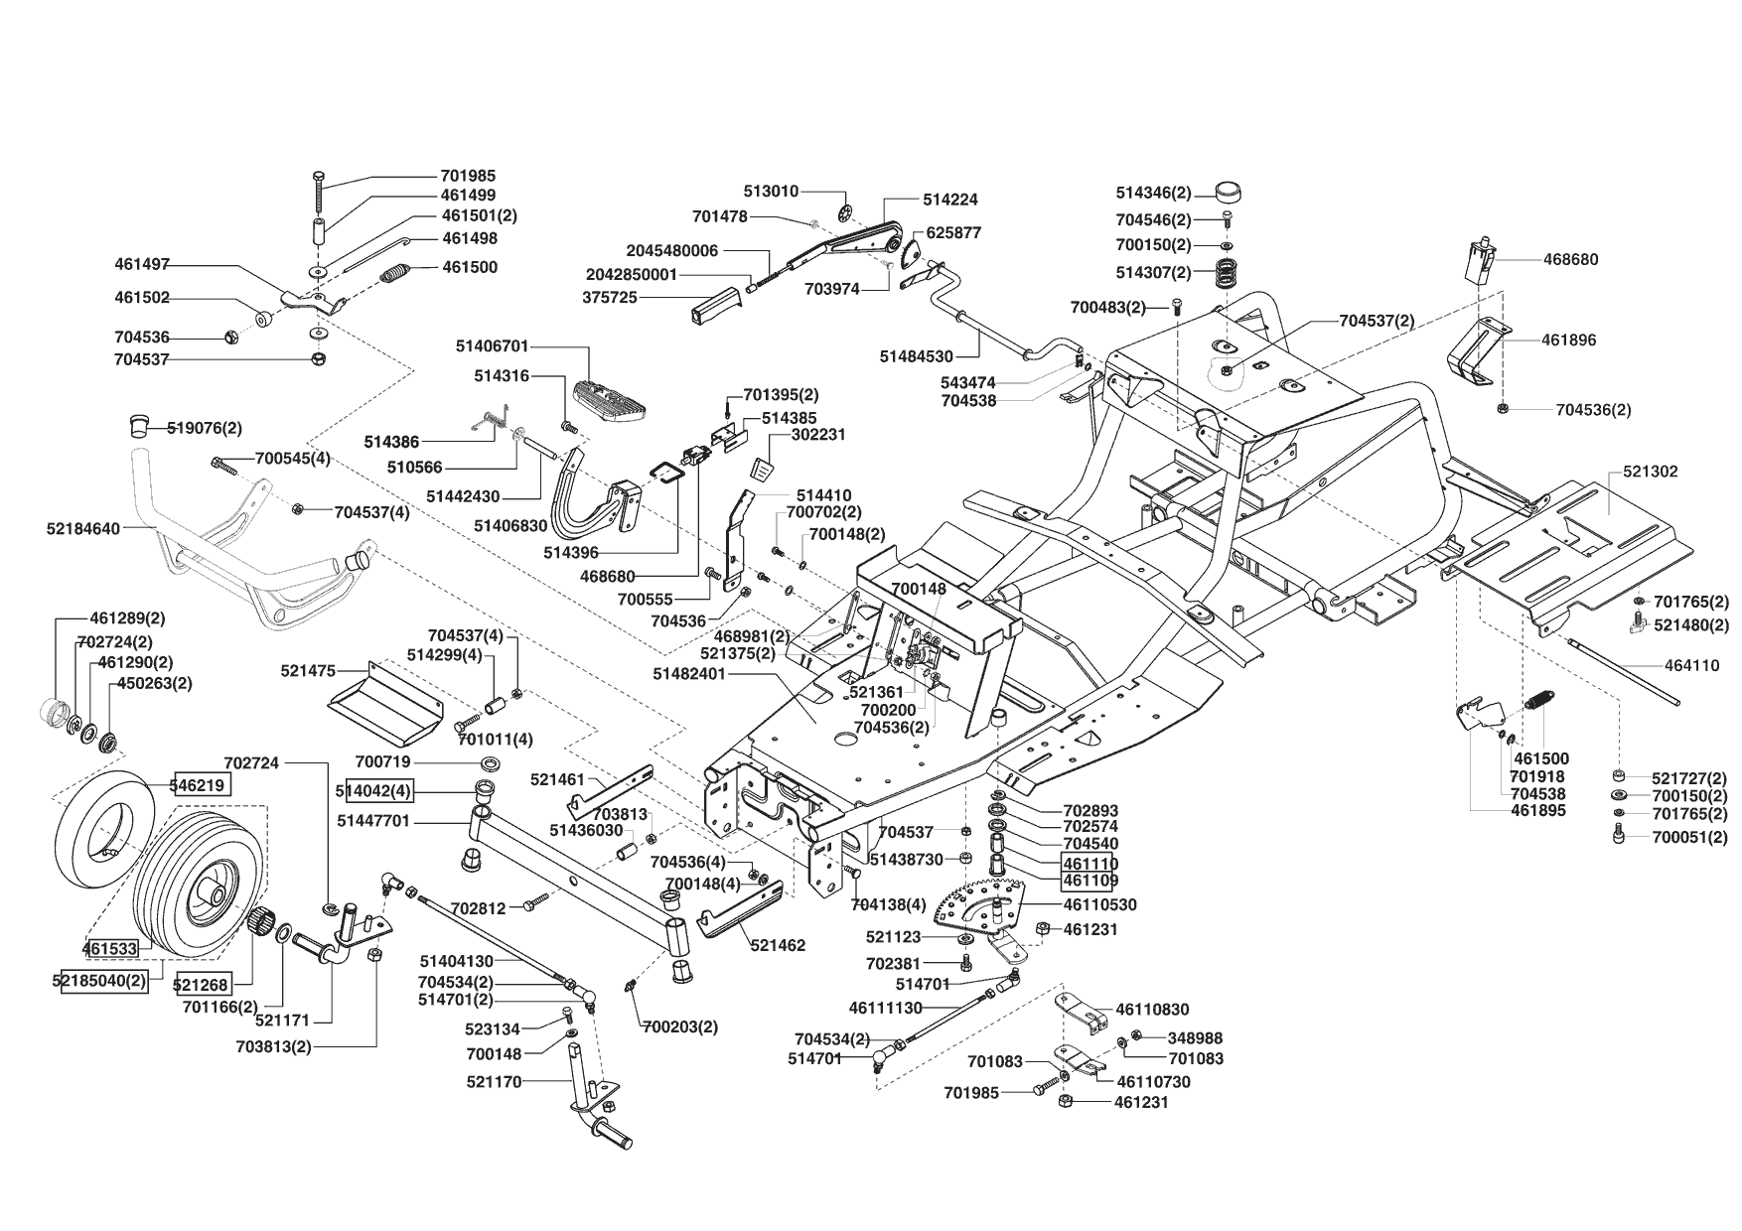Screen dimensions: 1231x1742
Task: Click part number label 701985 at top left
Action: [468, 176]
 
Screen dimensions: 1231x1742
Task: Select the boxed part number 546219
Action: [203, 785]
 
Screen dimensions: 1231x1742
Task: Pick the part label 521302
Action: [1650, 472]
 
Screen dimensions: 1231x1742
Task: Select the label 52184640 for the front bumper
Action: [82, 529]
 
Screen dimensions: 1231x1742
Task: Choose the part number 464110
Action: [1692, 666]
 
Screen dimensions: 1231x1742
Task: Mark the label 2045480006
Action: [671, 251]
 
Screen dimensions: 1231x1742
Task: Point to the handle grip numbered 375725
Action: [715, 303]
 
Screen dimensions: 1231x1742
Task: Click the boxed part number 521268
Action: [202, 985]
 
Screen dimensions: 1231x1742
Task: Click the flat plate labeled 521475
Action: [385, 701]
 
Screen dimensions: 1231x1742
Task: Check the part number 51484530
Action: [916, 356]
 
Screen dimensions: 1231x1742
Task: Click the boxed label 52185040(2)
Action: [99, 980]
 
